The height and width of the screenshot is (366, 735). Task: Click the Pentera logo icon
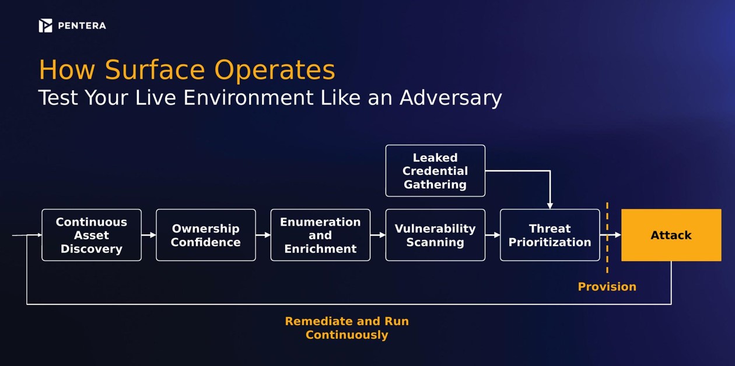45,26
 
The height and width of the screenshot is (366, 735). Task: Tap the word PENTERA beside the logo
82,26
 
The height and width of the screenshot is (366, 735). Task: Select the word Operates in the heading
275,70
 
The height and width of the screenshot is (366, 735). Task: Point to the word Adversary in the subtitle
450,98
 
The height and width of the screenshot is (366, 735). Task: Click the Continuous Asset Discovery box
92,235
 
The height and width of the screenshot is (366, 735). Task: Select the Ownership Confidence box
206,235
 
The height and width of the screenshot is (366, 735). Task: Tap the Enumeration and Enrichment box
320,235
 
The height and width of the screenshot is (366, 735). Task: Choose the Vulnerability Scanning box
435,235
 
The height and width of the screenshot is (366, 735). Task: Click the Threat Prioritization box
550,235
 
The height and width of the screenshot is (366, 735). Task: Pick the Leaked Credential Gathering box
435,171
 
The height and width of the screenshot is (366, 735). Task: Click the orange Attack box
671,235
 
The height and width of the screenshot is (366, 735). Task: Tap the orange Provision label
607,287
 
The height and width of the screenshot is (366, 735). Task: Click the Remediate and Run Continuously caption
347,328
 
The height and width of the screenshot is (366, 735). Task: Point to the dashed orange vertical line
607,238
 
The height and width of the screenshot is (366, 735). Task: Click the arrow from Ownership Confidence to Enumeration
263,235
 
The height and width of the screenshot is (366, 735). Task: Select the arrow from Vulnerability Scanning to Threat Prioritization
492,235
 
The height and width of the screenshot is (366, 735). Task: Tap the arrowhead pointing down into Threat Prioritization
550,206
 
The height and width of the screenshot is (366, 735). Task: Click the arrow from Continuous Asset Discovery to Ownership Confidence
149,235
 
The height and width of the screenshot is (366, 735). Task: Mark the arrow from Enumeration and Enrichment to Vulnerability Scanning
377,235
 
